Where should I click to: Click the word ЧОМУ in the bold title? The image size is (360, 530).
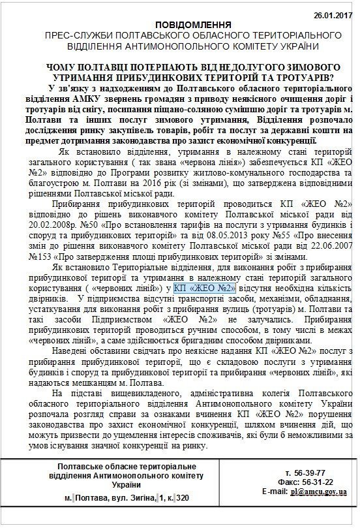tap(63, 67)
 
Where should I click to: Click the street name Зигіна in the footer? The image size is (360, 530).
tap(138, 497)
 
